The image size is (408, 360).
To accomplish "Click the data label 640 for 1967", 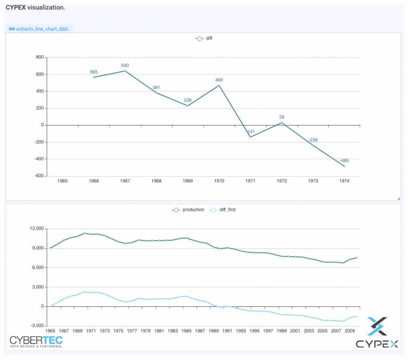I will tap(125, 65).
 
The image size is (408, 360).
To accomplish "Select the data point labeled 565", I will tap(94, 77).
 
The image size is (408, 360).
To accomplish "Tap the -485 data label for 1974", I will tap(344, 161).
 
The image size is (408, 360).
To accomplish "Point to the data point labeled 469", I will tap(219, 86).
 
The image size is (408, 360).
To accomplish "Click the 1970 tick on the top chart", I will tap(219, 181).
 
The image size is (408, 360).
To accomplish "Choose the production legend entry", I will tap(188, 210).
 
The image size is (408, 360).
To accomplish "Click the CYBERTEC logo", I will tap(36, 341).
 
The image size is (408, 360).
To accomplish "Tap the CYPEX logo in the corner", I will tap(377, 333).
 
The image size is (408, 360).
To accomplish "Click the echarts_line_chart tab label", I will tap(40, 28).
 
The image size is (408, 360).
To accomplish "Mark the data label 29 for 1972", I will tap(282, 117).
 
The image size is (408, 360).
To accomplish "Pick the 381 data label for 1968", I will tap(156, 88).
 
